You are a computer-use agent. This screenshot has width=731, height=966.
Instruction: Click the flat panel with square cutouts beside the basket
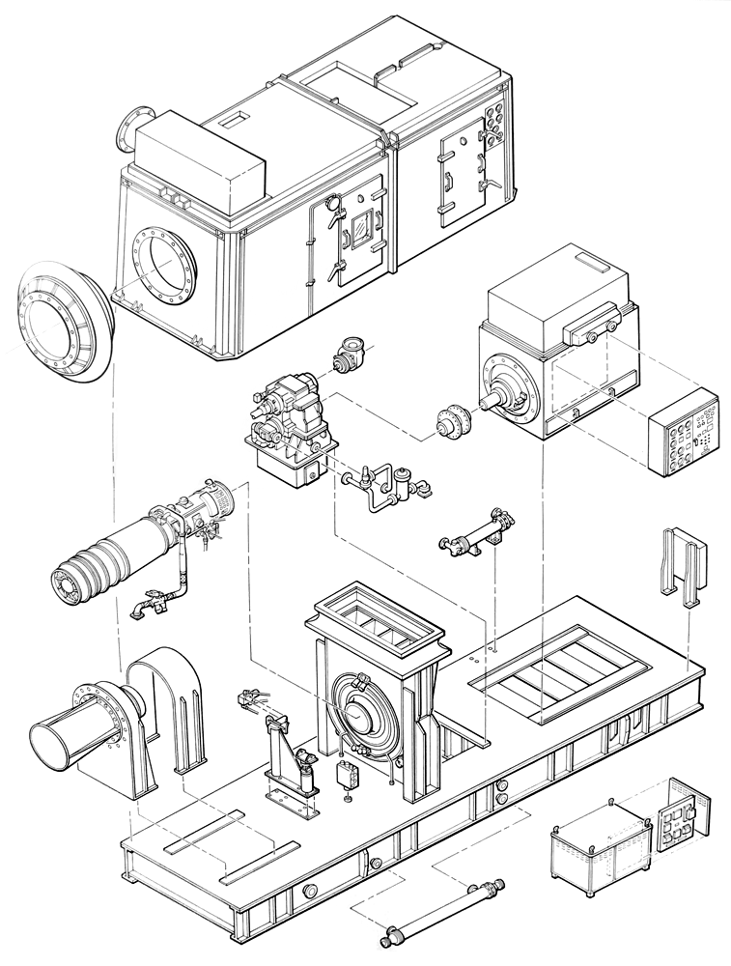pos(685,817)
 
